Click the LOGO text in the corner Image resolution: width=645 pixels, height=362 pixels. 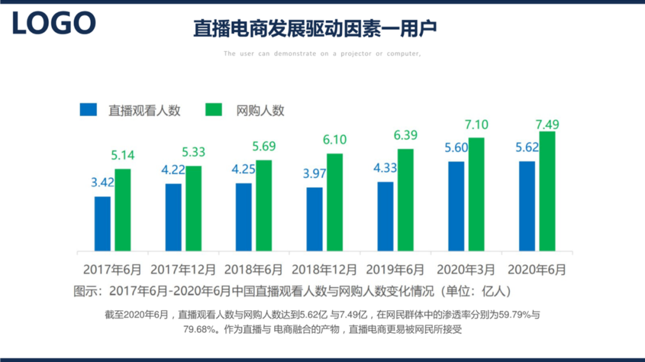click(x=54, y=23)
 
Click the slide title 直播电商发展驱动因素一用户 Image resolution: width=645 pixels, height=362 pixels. click(x=315, y=28)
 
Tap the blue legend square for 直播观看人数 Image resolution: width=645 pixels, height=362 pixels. click(x=88, y=110)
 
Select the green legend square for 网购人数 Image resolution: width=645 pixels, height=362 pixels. click(x=213, y=110)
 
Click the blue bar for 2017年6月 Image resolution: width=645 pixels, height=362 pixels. click(x=103, y=224)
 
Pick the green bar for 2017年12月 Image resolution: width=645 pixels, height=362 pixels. click(x=193, y=208)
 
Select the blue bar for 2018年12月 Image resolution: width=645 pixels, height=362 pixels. click(x=314, y=219)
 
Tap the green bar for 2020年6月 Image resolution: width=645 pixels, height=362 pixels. click(x=547, y=191)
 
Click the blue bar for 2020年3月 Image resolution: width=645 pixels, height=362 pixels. click(x=456, y=206)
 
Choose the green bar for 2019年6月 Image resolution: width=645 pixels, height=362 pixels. click(x=406, y=200)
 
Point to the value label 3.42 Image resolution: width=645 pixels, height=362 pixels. click(x=103, y=182)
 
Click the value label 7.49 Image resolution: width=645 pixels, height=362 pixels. click(x=547, y=125)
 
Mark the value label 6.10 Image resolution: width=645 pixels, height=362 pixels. click(x=334, y=139)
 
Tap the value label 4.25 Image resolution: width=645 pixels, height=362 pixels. click(x=244, y=169)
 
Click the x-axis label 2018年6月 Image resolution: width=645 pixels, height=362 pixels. click(x=254, y=270)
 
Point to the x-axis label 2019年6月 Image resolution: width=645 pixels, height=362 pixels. click(x=395, y=270)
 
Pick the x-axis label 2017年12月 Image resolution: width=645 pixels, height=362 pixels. click(x=183, y=270)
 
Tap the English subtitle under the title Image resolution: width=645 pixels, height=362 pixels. click(x=322, y=54)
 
